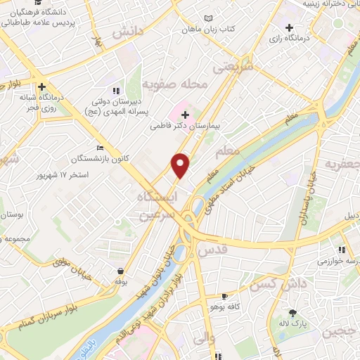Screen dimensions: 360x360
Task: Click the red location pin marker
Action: pos(181,165)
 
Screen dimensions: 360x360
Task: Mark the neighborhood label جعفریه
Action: pos(342,165)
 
